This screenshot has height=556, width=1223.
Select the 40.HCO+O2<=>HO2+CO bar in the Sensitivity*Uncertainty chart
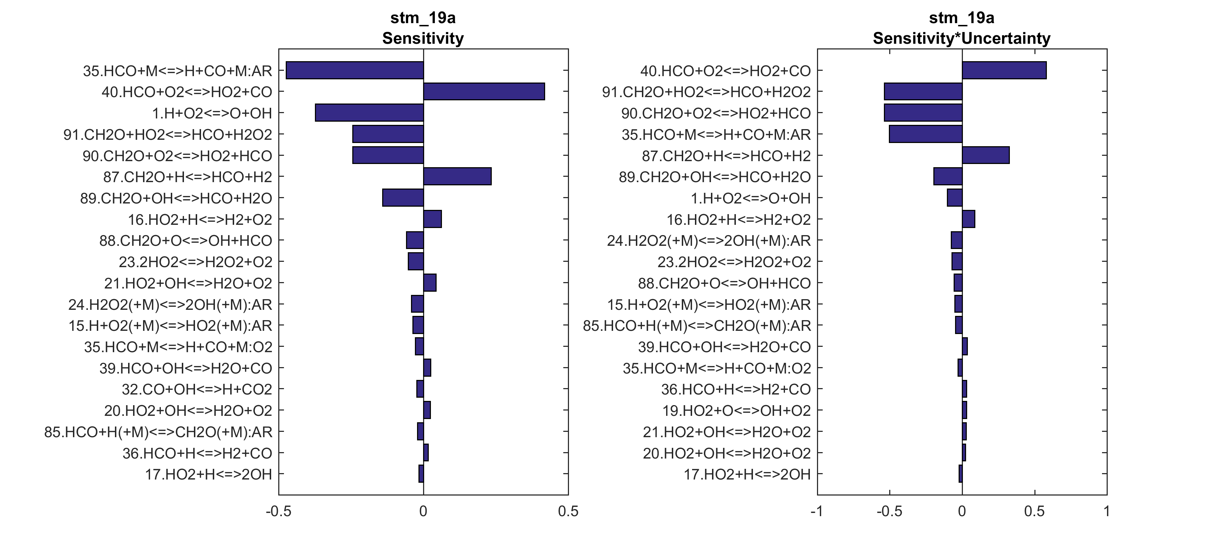pyautogui.click(x=1004, y=70)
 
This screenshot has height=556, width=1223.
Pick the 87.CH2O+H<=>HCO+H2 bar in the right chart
pyautogui.click(x=986, y=155)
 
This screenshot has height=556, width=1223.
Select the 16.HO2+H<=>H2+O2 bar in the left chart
pyautogui.click(x=432, y=219)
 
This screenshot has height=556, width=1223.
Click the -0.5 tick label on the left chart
pyautogui.click(x=278, y=512)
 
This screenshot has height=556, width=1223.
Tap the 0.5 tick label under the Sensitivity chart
pyautogui.click(x=568, y=512)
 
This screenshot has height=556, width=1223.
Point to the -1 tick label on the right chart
pyautogui.click(x=817, y=512)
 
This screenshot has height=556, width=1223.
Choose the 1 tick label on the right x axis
pyautogui.click(x=1107, y=512)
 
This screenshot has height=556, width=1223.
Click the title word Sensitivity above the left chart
pyautogui.click(x=423, y=38)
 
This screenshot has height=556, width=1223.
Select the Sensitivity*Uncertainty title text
pyautogui.click(x=961, y=38)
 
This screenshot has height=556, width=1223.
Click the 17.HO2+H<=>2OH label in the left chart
pyautogui.click(x=209, y=474)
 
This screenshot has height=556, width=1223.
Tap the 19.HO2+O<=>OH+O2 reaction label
pyautogui.click(x=736, y=410)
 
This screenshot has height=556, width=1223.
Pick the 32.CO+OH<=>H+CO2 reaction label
pyautogui.click(x=197, y=389)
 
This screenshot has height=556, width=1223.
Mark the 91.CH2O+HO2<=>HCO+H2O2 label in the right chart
pyautogui.click(x=706, y=92)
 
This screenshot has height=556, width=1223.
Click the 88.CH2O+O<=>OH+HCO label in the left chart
pyautogui.click(x=186, y=240)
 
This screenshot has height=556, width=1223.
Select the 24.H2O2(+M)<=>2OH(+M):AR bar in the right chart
pyautogui.click(x=956, y=240)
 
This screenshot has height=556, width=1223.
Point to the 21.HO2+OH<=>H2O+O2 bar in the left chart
pyautogui.click(x=429, y=282)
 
